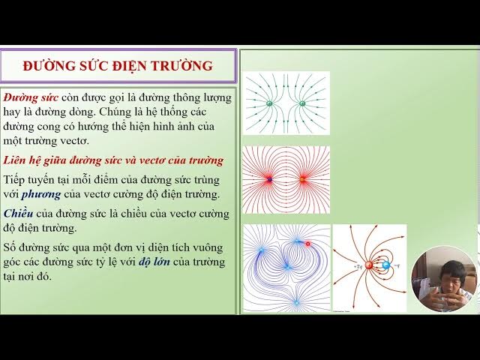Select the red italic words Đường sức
click(x=31, y=98)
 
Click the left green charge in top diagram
click(x=270, y=103)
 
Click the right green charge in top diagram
click(x=302, y=103)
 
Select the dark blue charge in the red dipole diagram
click(x=269, y=180)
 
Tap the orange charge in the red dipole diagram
click(x=303, y=180)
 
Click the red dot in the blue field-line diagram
click(x=307, y=244)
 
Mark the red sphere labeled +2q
click(x=370, y=265)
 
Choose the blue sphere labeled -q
click(x=386, y=265)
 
